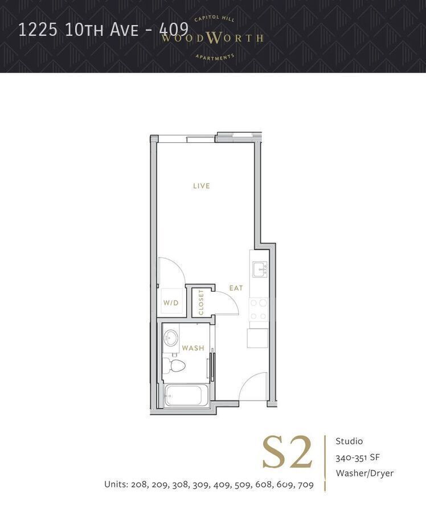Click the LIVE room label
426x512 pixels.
pos(201,186)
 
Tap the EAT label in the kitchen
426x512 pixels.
pos(236,288)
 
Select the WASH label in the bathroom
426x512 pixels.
pos(192,348)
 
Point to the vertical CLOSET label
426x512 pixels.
pos(201,302)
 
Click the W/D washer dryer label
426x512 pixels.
pos(171,303)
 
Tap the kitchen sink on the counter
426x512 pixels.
pos(260,269)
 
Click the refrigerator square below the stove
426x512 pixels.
pos(257,338)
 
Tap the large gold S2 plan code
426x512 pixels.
pos(288,453)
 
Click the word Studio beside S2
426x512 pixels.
pos(349,441)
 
